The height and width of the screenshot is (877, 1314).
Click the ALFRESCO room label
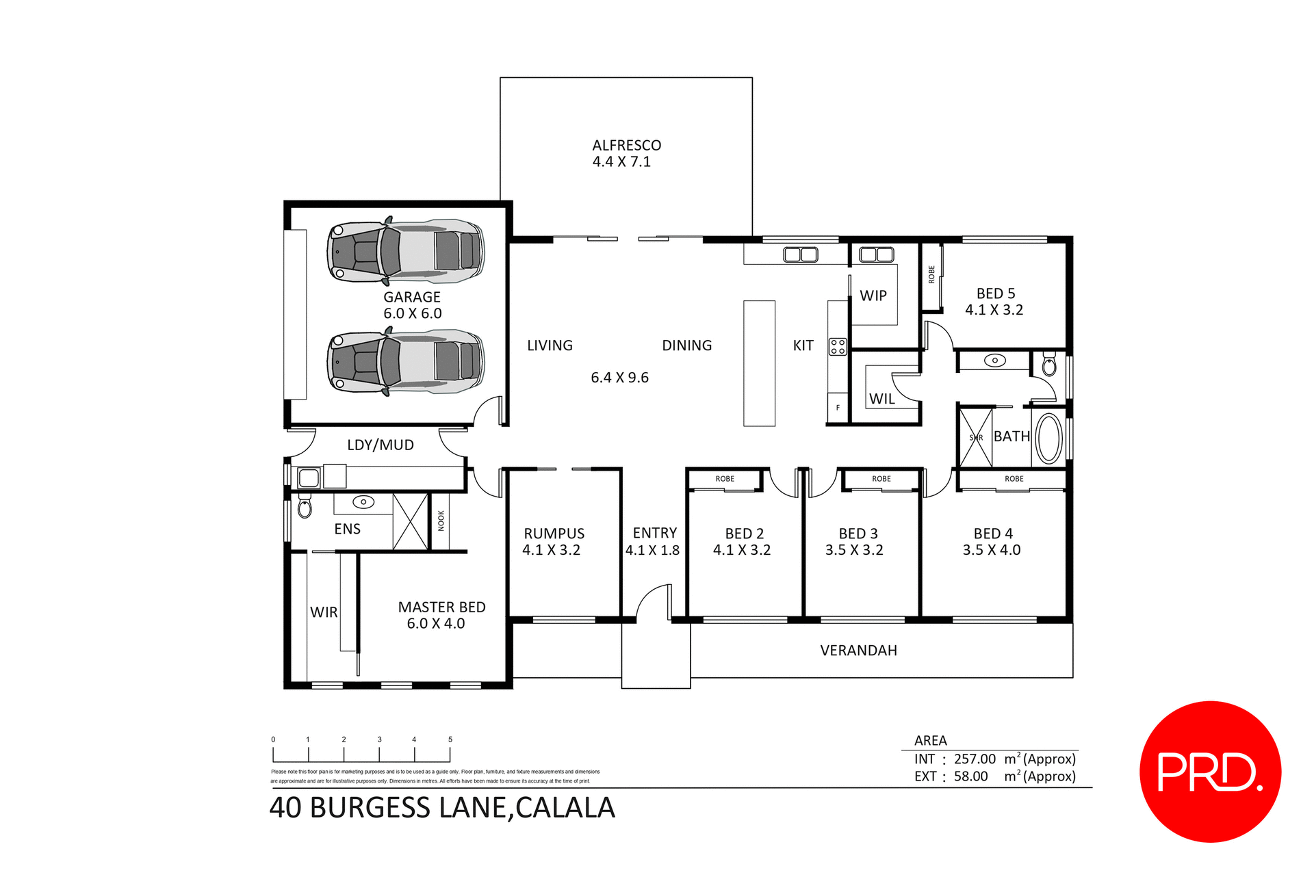626,145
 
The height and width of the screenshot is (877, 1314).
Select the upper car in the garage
405,251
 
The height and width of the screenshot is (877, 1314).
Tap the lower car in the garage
405,362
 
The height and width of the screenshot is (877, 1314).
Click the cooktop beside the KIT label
838,346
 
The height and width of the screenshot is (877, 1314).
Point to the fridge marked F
838,408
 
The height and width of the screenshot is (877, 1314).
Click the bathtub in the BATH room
1048,438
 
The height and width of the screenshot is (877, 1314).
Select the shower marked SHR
976,438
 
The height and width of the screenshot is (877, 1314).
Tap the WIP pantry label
873,296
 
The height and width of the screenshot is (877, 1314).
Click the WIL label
881,399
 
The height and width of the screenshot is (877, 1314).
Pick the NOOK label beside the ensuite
441,521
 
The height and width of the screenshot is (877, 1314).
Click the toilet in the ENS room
305,508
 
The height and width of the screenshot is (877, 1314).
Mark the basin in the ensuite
363,502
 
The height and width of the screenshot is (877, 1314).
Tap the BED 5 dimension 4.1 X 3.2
994,310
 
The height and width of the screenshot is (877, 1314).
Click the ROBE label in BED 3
881,479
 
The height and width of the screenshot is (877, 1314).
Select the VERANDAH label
858,651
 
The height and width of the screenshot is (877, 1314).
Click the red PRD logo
1210,772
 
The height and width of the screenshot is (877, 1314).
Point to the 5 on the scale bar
450,739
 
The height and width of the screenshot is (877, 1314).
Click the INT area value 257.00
975,759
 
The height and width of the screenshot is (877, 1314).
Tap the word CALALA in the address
565,808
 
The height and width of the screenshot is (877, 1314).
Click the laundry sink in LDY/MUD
309,477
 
